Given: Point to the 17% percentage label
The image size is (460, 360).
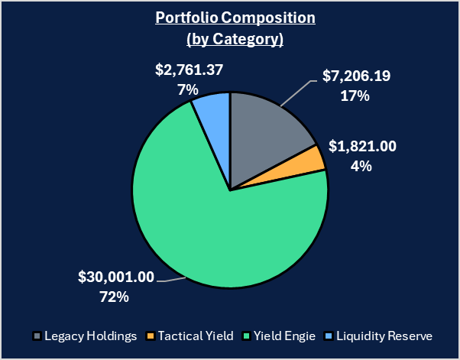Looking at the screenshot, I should [356, 96].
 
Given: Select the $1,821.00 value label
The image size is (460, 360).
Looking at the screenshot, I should [362, 147].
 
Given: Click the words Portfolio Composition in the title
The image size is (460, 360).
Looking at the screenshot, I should [230, 18].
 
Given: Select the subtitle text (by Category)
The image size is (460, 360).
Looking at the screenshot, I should [230, 38].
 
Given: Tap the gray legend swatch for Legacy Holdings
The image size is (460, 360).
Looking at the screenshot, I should [37, 336].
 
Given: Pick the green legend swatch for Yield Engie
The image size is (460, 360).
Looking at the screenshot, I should [246, 336].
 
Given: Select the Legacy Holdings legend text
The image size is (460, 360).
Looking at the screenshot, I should [90, 336].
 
